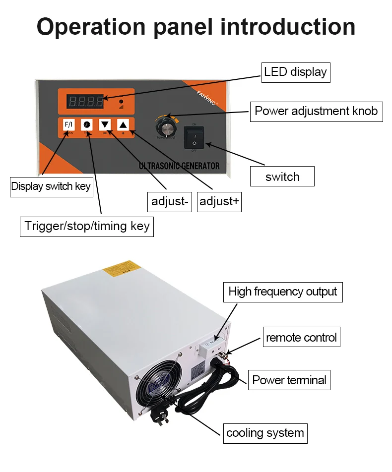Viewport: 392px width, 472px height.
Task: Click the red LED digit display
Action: coord(86,102)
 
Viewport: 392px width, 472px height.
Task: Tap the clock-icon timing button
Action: coord(87,124)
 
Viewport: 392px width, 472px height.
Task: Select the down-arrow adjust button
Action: coord(105,124)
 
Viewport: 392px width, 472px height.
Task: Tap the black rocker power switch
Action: coord(195,137)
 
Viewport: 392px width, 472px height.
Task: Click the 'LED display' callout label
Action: coord(295,72)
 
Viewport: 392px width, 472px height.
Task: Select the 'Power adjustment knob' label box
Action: coord(316,111)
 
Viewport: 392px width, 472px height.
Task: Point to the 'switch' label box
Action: coord(282,177)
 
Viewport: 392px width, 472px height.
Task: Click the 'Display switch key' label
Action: coord(51,186)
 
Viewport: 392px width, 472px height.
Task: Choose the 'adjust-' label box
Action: coord(170,201)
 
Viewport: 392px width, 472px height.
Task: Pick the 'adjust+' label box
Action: coord(219,201)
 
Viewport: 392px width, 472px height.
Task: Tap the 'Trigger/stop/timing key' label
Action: coord(87,226)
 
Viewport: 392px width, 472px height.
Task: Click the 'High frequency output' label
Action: coord(283,292)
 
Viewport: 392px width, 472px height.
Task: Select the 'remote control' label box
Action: coord(301,338)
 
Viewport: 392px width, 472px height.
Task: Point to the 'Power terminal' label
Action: coord(289,380)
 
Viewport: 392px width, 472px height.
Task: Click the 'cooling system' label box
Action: coord(265,433)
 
